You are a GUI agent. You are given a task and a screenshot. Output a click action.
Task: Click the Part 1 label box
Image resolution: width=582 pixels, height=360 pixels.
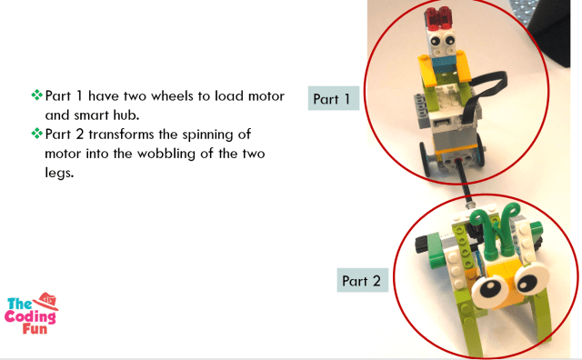tap(334, 98)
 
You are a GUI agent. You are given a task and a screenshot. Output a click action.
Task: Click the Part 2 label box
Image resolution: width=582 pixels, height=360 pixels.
tap(362, 280)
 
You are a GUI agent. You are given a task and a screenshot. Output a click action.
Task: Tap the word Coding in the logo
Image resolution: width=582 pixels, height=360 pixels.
tap(30, 316)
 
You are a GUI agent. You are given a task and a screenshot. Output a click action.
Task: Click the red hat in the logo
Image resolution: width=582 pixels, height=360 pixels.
tap(45, 300)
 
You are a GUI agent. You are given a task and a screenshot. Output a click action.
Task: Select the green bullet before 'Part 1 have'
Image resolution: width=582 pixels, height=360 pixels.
tap(36, 95)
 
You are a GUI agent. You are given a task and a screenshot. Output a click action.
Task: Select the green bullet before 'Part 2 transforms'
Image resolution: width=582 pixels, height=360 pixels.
tap(36, 134)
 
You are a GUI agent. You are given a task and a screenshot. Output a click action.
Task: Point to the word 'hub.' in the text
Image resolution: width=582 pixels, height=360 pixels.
tap(126, 115)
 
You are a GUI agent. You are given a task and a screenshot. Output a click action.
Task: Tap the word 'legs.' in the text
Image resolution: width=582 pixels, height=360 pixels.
tap(59, 173)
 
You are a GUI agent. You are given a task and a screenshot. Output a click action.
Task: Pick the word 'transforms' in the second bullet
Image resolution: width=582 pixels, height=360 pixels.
tap(122, 135)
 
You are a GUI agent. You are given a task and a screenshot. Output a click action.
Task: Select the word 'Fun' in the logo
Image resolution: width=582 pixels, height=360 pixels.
tap(35, 329)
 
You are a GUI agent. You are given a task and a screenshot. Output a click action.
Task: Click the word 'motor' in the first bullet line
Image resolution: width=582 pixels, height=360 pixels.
tap(266, 96)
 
